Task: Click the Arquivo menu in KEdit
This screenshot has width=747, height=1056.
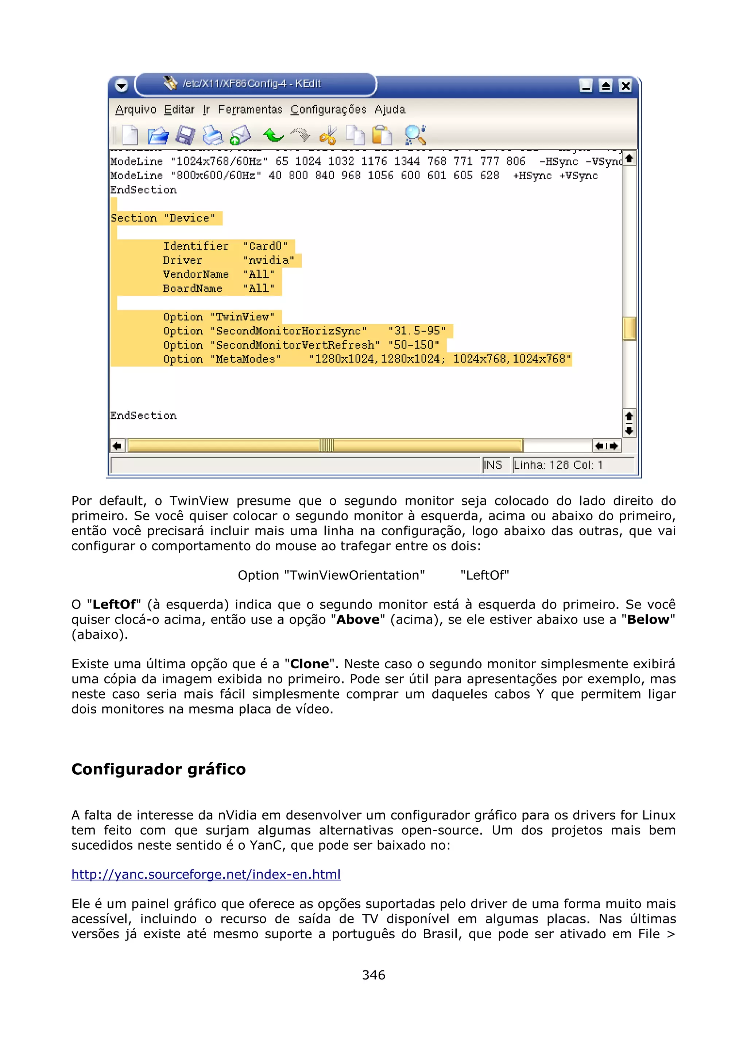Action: (x=136, y=109)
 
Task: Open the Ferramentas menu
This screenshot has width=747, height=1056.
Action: (x=250, y=109)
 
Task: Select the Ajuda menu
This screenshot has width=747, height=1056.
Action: (x=390, y=109)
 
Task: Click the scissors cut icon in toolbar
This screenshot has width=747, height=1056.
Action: (x=328, y=135)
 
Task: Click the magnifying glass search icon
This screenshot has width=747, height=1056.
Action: (x=415, y=135)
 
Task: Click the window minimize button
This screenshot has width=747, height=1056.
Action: (x=586, y=86)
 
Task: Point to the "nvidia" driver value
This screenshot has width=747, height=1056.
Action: (x=269, y=260)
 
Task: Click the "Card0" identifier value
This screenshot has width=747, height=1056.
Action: (x=265, y=246)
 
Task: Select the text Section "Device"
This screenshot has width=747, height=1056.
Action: (x=163, y=218)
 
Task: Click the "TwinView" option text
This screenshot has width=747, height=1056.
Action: (x=243, y=317)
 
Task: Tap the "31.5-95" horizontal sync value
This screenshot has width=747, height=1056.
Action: (x=417, y=331)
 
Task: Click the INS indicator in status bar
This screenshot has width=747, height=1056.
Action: (x=493, y=465)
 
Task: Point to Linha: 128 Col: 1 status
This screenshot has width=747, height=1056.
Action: (x=558, y=465)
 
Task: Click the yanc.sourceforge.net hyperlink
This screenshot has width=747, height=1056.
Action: (x=206, y=874)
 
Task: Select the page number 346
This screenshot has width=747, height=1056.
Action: (x=373, y=975)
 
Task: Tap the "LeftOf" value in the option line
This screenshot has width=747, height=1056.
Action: (x=485, y=575)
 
